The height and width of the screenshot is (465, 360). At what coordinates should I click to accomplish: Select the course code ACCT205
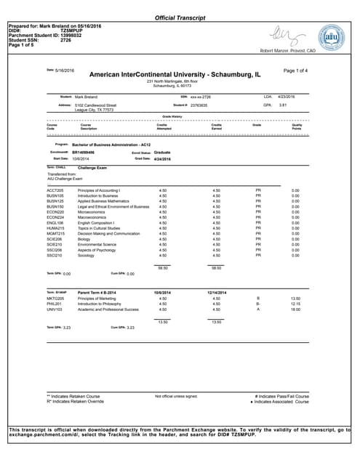55,190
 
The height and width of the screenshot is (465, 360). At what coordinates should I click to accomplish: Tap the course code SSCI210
55,255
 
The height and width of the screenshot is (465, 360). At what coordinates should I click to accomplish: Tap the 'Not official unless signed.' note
176,396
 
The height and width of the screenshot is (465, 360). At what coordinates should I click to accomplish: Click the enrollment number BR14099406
84,153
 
